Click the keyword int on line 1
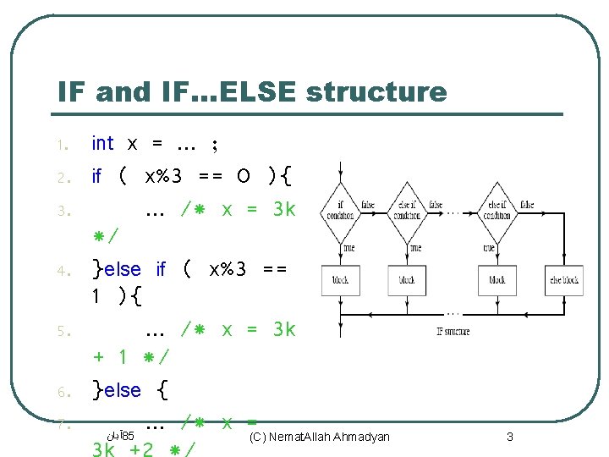click(102, 144)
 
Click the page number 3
click(509, 437)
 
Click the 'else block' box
click(564, 279)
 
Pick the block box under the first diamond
click(341, 279)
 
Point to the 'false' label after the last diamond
click(527, 205)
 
